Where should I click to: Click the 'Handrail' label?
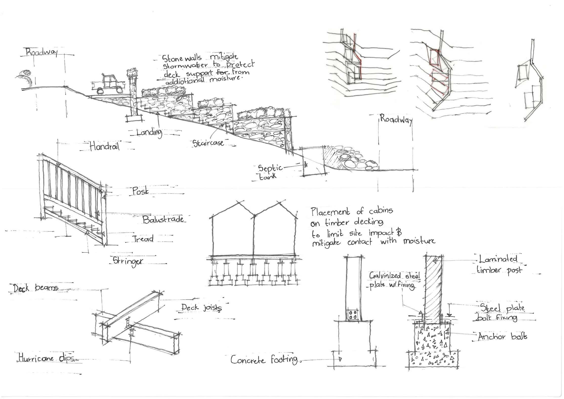105,146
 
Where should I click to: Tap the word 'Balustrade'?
163,219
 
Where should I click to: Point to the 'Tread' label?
143,239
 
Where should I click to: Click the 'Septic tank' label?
269,172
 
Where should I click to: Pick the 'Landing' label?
149,132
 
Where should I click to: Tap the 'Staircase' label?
208,143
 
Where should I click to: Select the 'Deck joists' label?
201,308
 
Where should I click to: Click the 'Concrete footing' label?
264,360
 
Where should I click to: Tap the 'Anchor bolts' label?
502,337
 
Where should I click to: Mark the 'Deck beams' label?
36,288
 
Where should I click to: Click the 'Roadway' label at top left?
42,53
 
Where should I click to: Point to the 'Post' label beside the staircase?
140,191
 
